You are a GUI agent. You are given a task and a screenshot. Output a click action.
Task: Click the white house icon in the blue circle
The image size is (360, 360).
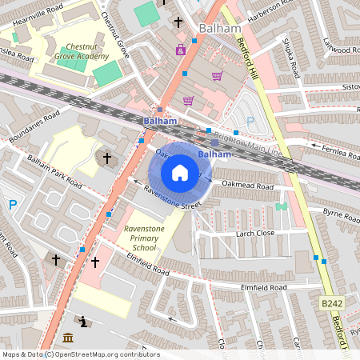180,172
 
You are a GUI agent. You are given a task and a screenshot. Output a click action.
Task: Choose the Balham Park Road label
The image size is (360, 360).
54,170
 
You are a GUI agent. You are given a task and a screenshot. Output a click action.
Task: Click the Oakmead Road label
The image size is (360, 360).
248,186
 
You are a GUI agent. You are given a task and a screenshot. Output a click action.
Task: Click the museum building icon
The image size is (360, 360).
67,337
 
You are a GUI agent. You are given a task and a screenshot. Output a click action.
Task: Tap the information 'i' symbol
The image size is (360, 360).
85,322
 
